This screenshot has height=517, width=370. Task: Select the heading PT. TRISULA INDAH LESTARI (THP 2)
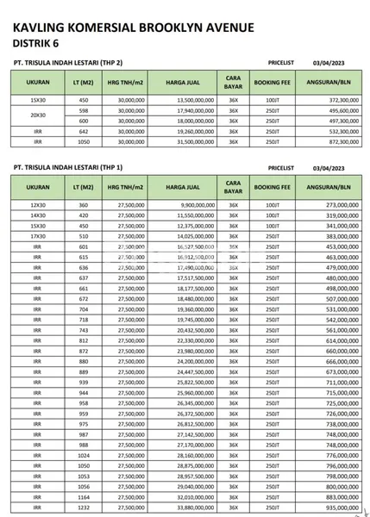pos(69,64)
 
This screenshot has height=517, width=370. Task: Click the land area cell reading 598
pos(84,110)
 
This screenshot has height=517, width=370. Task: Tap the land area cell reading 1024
pos(84,454)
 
